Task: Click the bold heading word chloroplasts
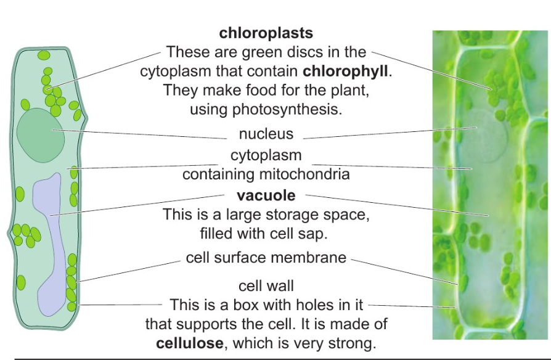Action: (266, 33)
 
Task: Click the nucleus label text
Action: (266, 134)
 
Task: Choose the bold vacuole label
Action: (266, 196)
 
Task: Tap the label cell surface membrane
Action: (266, 258)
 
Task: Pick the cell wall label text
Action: (266, 285)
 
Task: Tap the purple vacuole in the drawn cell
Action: (51, 234)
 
